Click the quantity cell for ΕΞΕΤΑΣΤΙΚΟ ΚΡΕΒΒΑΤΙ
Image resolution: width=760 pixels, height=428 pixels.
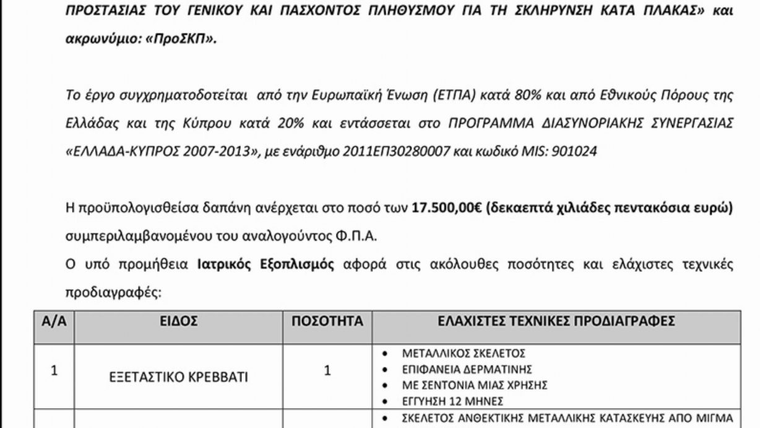coord(327,371)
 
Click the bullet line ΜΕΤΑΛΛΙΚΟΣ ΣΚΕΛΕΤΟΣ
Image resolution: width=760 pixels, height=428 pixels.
coord(464,354)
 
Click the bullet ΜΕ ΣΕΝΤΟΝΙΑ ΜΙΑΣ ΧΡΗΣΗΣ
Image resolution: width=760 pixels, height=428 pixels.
coord(475,385)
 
